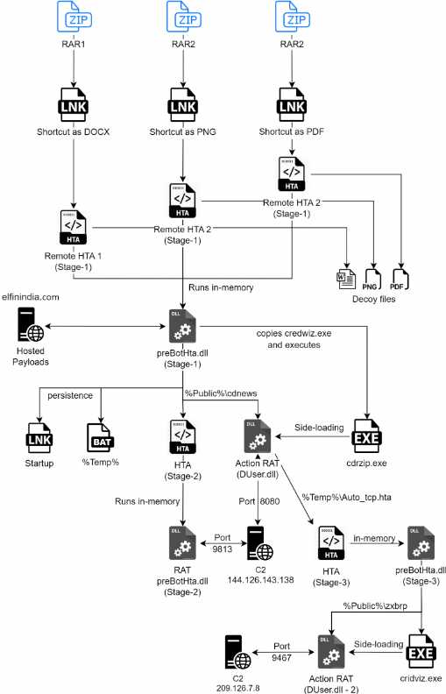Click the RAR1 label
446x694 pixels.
pyautogui.click(x=74, y=44)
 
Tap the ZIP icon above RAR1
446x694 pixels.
pyautogui.click(x=74, y=17)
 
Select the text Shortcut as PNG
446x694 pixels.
pyautogui.click(x=183, y=131)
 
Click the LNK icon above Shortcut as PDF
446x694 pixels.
pyautogui.click(x=292, y=104)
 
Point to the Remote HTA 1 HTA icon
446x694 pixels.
pyautogui.click(x=74, y=227)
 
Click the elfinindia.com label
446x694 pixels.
pyautogui.click(x=31, y=297)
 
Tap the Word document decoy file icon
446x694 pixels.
pyautogui.click(x=345, y=279)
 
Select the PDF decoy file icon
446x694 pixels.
pyautogui.click(x=400, y=280)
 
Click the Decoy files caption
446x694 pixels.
pyautogui.click(x=374, y=299)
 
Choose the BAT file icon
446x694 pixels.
pyautogui.click(x=101, y=438)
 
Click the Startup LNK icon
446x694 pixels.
pyautogui.click(x=39, y=438)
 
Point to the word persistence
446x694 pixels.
pyautogui.click(x=70, y=395)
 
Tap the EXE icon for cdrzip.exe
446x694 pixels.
pyautogui.click(x=367, y=436)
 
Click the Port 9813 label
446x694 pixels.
pyautogui.click(x=222, y=543)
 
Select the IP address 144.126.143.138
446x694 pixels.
pyautogui.click(x=260, y=580)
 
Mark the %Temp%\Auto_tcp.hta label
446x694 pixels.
pyautogui.click(x=346, y=498)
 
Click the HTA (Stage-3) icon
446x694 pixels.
pyautogui.click(x=331, y=543)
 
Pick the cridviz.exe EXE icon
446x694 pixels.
pyautogui.click(x=421, y=652)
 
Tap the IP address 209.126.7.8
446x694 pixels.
pyautogui.click(x=238, y=688)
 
